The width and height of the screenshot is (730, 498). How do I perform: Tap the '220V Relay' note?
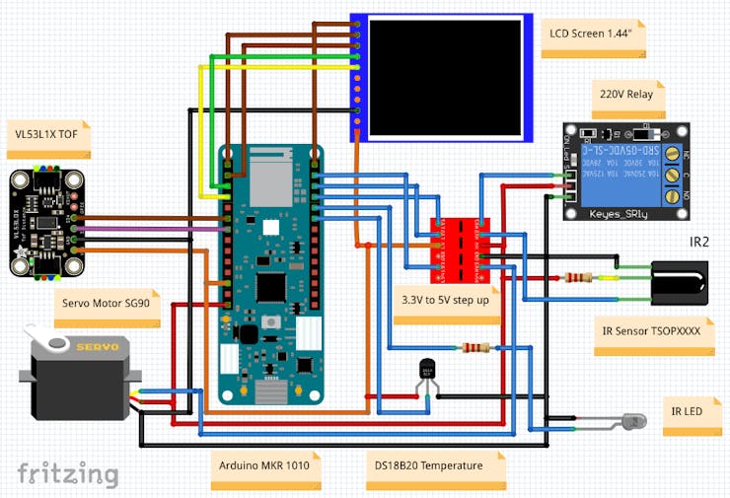click(624, 96)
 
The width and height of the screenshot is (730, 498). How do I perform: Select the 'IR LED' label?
click(687, 410)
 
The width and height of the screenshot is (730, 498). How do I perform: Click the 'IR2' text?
click(699, 242)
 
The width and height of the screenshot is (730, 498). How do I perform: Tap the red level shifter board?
click(461, 243)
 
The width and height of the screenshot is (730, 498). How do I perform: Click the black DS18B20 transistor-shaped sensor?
click(426, 369)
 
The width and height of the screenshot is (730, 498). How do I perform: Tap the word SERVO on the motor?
click(99, 347)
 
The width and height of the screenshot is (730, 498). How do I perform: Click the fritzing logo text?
click(68, 473)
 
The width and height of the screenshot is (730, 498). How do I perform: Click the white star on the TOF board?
click(21, 254)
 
